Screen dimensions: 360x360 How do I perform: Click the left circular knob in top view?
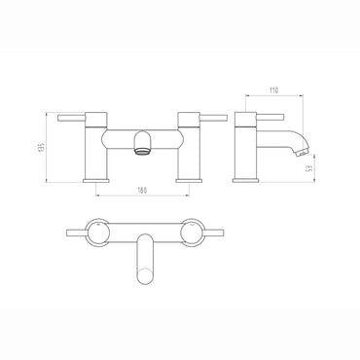[99, 234]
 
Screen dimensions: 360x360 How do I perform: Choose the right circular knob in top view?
[191, 234]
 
